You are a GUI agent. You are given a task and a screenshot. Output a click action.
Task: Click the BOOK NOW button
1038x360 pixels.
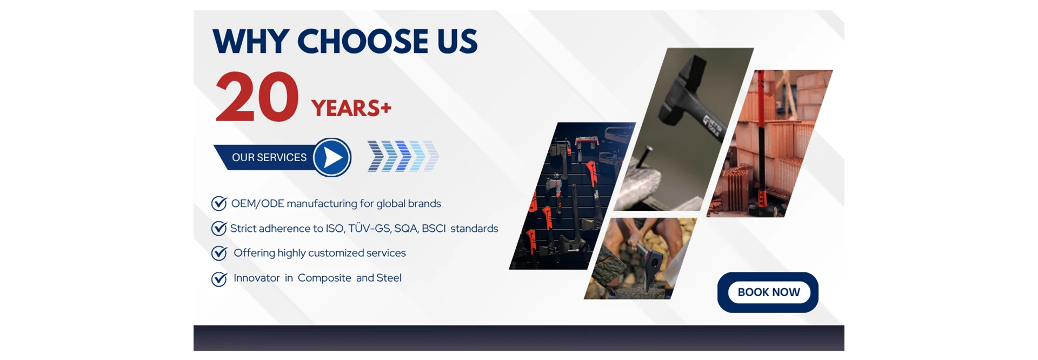pyautogui.click(x=768, y=292)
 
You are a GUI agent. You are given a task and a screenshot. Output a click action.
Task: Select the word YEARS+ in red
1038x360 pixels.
pyautogui.click(x=351, y=108)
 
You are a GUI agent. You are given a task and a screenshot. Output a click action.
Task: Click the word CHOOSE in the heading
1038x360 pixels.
pyautogui.click(x=362, y=42)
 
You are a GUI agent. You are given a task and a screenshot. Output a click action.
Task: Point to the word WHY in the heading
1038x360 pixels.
pyautogui.click(x=251, y=42)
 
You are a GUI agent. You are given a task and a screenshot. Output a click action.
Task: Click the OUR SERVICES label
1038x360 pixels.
pyautogui.click(x=269, y=157)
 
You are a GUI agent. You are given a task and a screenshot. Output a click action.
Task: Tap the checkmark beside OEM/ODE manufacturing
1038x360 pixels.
pyautogui.click(x=219, y=203)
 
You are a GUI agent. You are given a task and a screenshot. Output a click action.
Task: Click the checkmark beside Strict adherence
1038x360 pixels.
pyautogui.click(x=219, y=228)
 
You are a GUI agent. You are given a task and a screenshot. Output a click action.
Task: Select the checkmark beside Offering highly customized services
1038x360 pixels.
pyautogui.click(x=219, y=253)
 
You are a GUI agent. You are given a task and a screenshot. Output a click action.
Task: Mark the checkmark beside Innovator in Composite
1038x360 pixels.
pyautogui.click(x=219, y=278)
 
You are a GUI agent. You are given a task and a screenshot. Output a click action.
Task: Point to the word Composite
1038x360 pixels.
pyautogui.click(x=324, y=278)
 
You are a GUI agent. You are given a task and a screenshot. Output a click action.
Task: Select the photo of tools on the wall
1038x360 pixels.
pyautogui.click(x=572, y=196)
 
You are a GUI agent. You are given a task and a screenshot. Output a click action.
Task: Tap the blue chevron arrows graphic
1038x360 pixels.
pyautogui.click(x=403, y=156)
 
